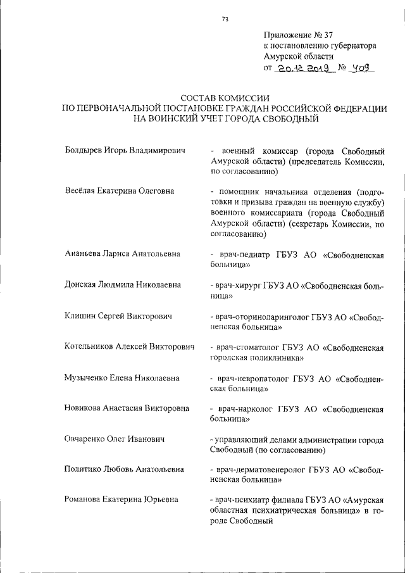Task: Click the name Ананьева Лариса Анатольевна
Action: click(x=122, y=253)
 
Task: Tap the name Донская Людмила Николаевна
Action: click(x=123, y=284)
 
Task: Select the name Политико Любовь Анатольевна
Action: click(x=124, y=469)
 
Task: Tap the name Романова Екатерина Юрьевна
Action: click(x=121, y=500)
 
